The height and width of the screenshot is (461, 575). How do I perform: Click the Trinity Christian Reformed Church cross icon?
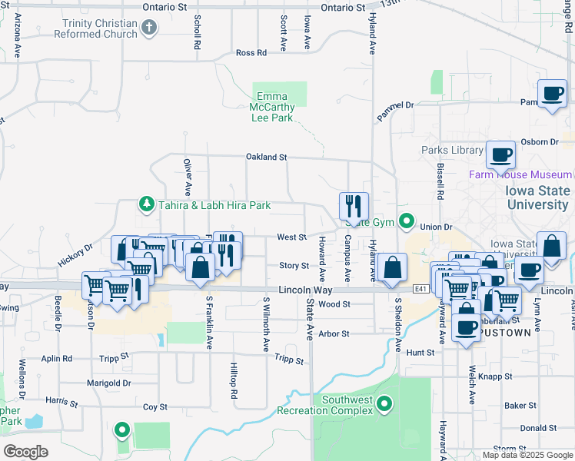pos(149,29)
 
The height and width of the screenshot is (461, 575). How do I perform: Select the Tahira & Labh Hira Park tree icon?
pos(145,204)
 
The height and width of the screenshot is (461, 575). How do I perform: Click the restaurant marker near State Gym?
pos(354,206)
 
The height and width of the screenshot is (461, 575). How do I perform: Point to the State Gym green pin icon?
pos(407,221)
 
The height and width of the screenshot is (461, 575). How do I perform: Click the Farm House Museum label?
pos(520,175)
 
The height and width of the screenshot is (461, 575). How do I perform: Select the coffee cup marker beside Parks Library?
pos(500,154)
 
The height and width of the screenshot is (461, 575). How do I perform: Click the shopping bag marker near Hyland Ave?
pos(392,268)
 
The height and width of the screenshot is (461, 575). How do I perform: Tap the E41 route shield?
pos(419,289)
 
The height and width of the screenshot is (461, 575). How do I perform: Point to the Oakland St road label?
pos(266,157)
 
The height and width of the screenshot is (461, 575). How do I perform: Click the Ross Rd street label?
pos(251,53)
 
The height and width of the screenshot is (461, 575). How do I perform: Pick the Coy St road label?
pos(155,407)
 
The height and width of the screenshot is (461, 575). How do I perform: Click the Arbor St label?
pos(334,334)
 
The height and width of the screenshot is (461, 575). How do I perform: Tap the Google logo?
pos(26,451)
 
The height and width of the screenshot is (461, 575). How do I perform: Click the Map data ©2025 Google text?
pos(527,455)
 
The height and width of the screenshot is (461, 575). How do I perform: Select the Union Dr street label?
pos(436,227)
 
